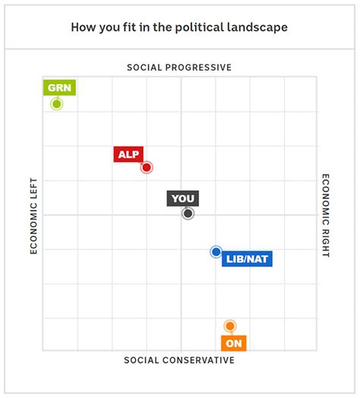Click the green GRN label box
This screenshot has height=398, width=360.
pyautogui.click(x=59, y=87)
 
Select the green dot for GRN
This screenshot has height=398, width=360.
pyautogui.click(x=56, y=103)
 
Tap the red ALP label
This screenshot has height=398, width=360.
pyautogui.click(x=128, y=154)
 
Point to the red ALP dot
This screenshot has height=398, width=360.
pyautogui.click(x=147, y=167)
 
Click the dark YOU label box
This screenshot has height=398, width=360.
pyautogui.click(x=183, y=199)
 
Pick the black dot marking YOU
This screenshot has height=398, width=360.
pyautogui.click(x=188, y=214)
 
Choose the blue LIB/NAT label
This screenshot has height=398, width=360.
pyautogui.click(x=247, y=259)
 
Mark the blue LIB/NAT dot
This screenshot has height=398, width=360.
pyautogui.click(x=216, y=251)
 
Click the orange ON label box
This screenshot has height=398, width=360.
pyautogui.click(x=233, y=343)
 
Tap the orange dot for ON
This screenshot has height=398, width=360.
pyautogui.click(x=230, y=326)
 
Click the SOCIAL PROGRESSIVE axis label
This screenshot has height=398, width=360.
pyautogui.click(x=179, y=67)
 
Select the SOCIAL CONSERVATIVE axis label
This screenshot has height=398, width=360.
pyautogui.click(x=179, y=360)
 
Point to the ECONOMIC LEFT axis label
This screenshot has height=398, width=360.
pyautogui.click(x=33, y=216)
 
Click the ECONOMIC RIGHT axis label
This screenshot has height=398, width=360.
pyautogui.click(x=326, y=216)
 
